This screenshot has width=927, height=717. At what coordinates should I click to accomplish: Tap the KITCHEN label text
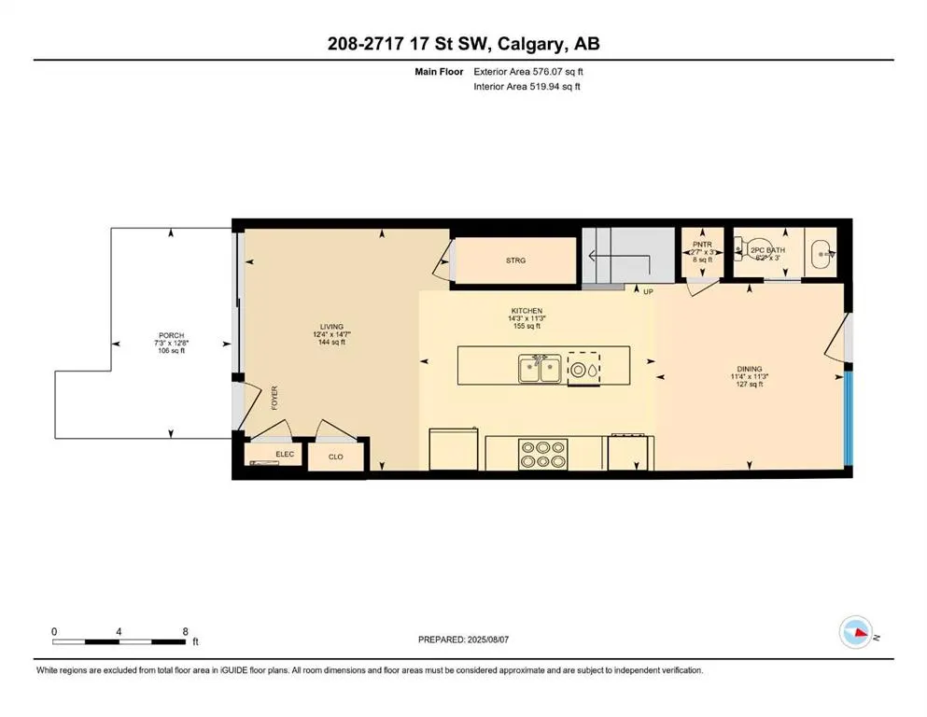(x=527, y=311)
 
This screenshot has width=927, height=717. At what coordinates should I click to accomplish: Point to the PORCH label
(x=171, y=335)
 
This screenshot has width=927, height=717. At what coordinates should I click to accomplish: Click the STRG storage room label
(x=515, y=260)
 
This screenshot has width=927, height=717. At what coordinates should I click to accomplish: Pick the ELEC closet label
(x=285, y=455)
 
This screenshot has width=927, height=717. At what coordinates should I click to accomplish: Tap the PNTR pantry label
(x=702, y=245)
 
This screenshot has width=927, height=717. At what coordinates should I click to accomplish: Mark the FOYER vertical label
(x=274, y=399)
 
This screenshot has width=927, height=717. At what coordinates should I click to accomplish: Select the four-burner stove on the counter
(x=542, y=454)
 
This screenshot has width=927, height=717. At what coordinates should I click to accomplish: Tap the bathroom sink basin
(x=822, y=251)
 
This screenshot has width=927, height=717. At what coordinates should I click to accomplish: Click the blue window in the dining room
(x=849, y=416)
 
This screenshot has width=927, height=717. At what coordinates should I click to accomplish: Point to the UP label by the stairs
(x=648, y=291)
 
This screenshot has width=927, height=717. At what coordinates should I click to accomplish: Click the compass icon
(x=856, y=633)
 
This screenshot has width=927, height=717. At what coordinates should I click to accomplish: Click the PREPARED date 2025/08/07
(x=498, y=640)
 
